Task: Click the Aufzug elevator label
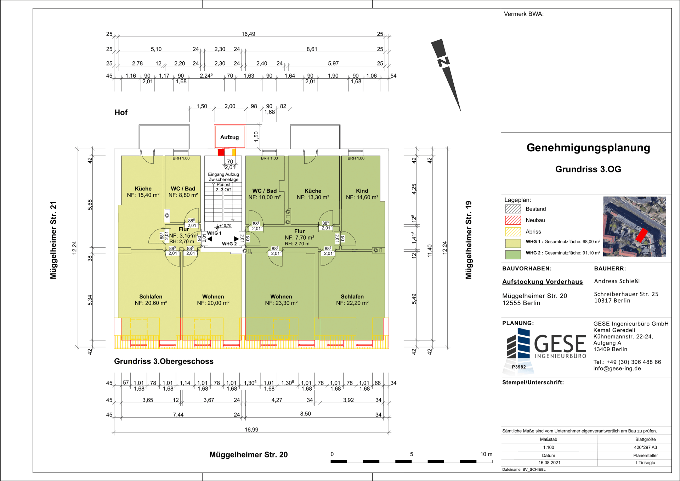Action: coord(229,137)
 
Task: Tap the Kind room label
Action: coord(362,191)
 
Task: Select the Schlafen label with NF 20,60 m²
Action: coord(151,297)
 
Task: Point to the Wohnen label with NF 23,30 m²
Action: coord(281,297)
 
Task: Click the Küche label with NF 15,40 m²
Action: coord(143,189)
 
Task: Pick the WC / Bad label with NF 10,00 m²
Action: coord(265,191)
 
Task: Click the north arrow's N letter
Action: coord(443,62)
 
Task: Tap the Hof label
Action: coord(121,112)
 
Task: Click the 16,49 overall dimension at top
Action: coord(248,34)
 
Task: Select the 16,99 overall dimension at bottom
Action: coord(251,430)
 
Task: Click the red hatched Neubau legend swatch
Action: coord(513,220)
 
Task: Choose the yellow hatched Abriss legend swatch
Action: coord(513,231)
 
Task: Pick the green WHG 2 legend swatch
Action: coord(513,254)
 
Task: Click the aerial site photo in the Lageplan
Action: coord(634,226)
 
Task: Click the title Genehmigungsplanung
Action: coord(588,147)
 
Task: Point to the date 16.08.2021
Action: coord(549,463)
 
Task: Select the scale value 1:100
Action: coord(549,447)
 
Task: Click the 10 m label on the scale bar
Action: coord(486,454)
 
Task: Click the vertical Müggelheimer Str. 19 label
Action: coord(469,240)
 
